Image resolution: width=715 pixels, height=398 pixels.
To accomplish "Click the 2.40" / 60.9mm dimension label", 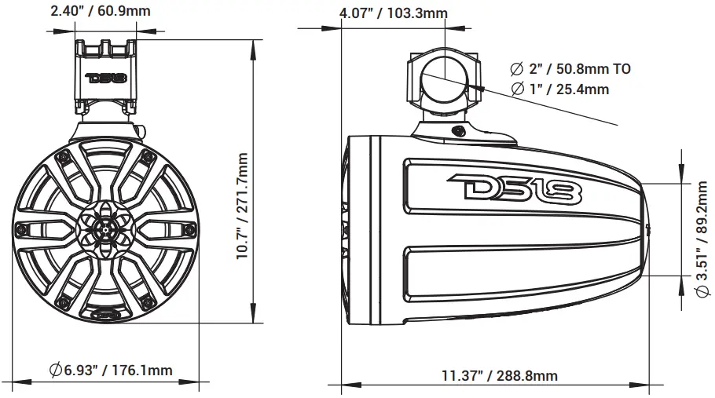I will [x=101, y=11].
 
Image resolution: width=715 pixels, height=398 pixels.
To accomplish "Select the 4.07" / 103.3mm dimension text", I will [x=393, y=13].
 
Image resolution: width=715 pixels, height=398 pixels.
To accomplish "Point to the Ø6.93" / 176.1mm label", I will [x=110, y=370].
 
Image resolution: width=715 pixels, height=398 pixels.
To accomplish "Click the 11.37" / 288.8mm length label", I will [x=499, y=375].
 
